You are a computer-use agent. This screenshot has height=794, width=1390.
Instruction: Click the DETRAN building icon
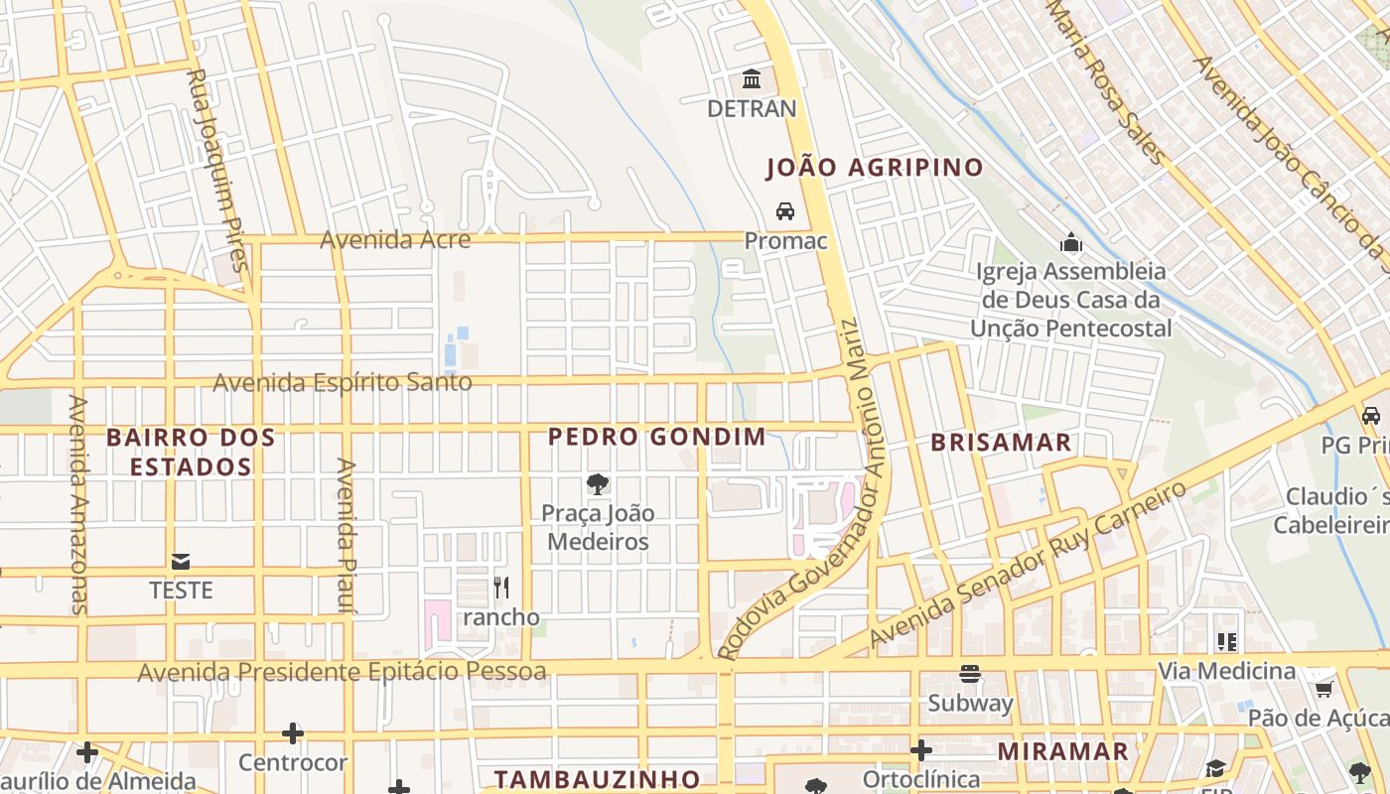[752, 78]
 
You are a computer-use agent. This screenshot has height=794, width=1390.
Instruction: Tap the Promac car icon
[785, 211]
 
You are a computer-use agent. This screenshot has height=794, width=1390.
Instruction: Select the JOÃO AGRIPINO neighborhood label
[875, 168]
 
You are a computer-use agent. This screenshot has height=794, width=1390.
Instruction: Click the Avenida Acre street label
[395, 239]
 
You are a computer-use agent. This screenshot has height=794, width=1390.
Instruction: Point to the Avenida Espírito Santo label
[343, 382]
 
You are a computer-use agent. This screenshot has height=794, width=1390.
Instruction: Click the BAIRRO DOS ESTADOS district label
[191, 452]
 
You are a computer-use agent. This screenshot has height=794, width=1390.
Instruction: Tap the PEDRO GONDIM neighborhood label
[657, 436]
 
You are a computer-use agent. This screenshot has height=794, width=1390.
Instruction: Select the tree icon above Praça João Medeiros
[598, 484]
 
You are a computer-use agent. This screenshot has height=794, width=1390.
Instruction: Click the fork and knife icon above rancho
[501, 588]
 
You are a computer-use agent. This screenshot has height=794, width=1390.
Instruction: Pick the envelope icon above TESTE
[181, 562]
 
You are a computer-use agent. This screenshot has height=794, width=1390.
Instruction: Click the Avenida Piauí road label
[347, 535]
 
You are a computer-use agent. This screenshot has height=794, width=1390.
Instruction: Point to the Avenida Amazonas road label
[78, 504]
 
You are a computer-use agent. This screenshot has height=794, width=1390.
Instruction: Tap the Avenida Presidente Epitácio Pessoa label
[342, 672]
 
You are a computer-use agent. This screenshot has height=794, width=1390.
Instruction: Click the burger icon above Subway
[970, 674]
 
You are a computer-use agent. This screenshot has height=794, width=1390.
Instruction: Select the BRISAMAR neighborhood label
[1001, 443]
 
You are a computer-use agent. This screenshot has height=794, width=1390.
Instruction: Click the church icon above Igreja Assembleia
[1070, 242]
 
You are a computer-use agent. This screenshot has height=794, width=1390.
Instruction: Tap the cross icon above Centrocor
[293, 733]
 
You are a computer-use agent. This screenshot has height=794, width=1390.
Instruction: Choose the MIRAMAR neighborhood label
[1062, 751]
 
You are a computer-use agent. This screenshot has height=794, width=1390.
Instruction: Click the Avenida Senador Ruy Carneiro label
[1028, 565]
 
